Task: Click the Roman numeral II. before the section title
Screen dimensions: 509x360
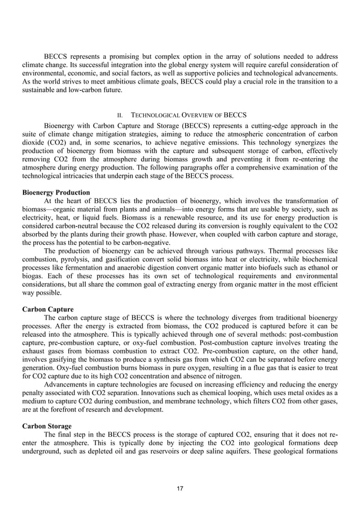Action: click(120, 115)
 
